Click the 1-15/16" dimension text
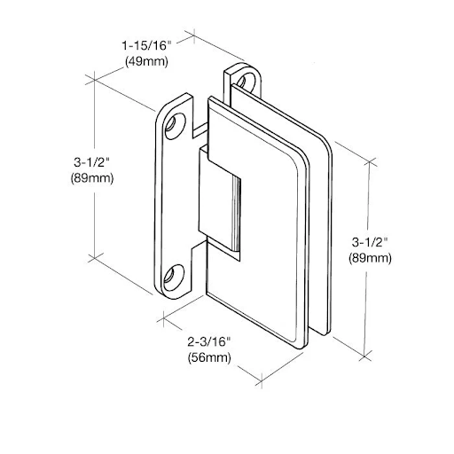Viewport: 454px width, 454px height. point(146,46)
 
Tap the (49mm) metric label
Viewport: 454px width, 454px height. point(146,62)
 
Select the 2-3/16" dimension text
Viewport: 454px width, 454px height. point(209,342)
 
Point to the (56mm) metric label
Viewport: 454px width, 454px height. point(209,357)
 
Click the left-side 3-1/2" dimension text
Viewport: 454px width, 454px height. point(92,162)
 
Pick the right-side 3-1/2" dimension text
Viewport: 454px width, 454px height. point(370,242)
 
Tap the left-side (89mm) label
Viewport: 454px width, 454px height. point(92,178)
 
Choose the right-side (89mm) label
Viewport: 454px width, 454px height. point(370,258)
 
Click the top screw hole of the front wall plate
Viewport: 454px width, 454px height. point(175,125)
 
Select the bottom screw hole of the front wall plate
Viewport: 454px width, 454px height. point(174,277)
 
